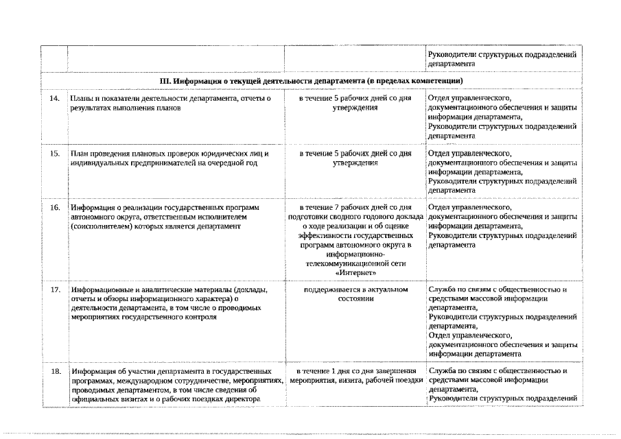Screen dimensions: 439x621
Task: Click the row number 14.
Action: tap(56, 99)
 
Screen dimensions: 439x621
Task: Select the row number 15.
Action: tap(56, 153)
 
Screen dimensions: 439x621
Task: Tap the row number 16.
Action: tap(56, 206)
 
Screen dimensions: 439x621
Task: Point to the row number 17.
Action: tap(56, 289)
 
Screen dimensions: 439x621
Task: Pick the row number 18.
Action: tap(56, 371)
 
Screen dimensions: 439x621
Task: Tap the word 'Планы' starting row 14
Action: tap(83, 99)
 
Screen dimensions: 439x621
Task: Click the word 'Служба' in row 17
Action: tap(442, 289)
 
